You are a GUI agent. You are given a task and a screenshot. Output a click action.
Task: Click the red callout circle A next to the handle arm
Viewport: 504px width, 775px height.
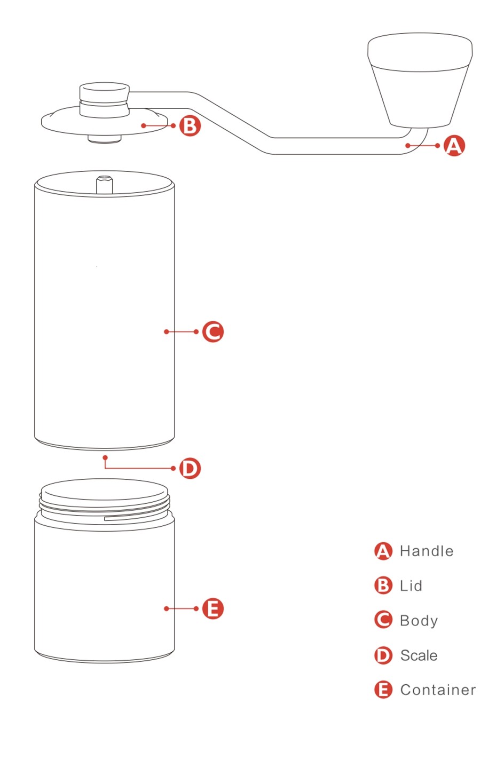(x=454, y=146)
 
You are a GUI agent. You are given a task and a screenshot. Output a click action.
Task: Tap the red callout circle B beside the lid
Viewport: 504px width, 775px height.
(x=190, y=125)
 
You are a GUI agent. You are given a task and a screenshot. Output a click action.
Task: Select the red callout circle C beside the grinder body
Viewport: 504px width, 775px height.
(x=213, y=331)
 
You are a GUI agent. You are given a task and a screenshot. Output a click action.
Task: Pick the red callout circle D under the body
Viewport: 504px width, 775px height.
(x=190, y=468)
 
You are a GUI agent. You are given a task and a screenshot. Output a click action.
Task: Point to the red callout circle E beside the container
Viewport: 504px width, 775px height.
(x=213, y=608)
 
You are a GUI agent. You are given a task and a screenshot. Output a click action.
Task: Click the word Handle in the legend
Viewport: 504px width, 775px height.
(x=427, y=551)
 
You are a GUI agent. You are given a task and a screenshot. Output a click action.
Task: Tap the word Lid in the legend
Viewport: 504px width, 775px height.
(x=411, y=586)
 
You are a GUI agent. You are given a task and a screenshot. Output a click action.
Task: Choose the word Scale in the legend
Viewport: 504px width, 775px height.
(x=419, y=655)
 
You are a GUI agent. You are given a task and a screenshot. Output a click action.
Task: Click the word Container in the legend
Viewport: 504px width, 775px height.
(x=438, y=690)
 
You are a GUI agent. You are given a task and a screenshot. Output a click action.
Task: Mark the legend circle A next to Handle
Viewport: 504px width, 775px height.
(x=383, y=551)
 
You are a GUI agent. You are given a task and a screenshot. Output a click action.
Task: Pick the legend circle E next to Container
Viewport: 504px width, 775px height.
(x=383, y=690)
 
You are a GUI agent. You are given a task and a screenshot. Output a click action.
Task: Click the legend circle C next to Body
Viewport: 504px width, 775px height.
(x=383, y=620)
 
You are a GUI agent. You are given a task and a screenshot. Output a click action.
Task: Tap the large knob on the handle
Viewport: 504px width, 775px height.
(x=420, y=80)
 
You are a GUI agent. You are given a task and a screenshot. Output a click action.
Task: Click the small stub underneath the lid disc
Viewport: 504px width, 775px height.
(x=105, y=139)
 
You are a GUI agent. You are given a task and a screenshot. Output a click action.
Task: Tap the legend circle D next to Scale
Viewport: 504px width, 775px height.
(x=383, y=655)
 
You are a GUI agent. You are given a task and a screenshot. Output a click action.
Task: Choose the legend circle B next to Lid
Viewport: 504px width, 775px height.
(x=383, y=586)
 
